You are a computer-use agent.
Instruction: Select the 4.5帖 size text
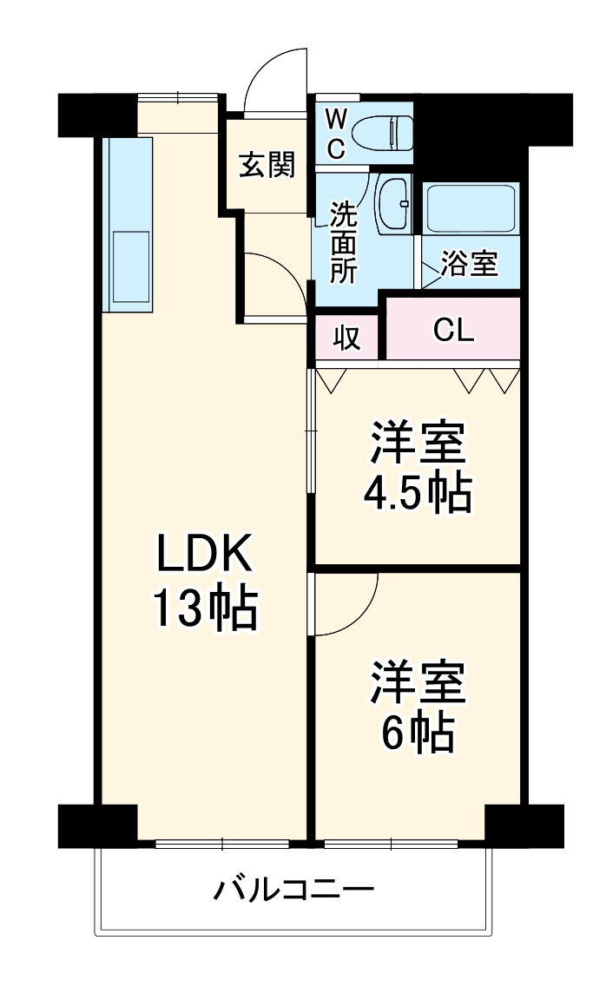coord(417,493)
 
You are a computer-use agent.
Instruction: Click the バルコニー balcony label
coord(294,890)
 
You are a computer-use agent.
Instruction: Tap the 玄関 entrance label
coord(267,164)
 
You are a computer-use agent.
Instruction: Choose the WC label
coord(336,132)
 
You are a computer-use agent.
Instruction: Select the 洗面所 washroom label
coord(343,244)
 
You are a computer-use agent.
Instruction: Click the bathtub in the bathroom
coord(470,207)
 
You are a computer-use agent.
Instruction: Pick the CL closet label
coord(453,330)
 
